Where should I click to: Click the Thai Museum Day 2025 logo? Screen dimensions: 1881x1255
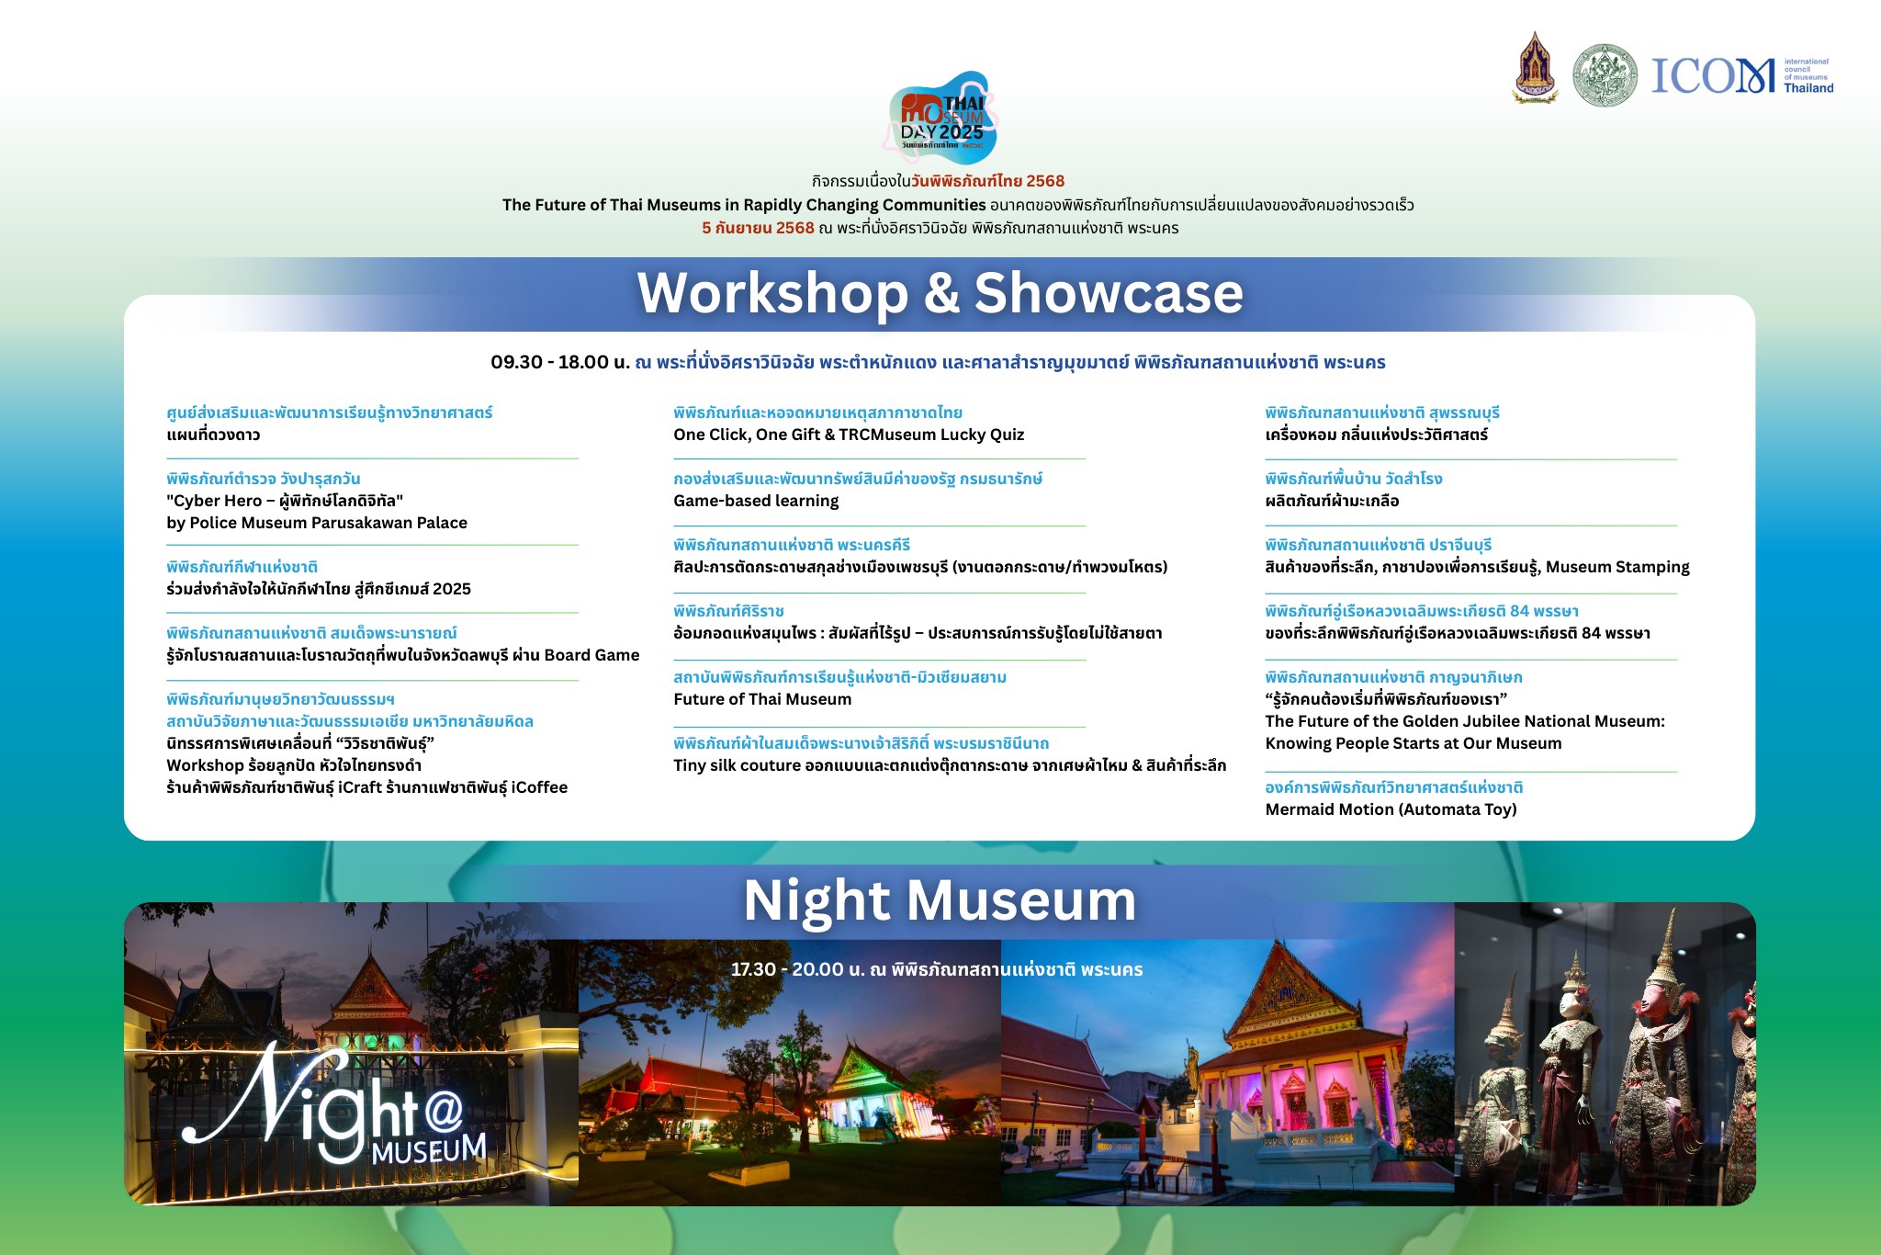pos(942,118)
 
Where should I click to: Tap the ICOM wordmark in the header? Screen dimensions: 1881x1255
pos(1713,75)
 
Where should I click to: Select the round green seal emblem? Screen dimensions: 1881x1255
pos(1605,74)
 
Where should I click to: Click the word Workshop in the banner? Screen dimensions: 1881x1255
pos(772,294)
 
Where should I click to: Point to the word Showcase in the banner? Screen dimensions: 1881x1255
pos(1109,293)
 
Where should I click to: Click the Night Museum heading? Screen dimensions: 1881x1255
pos(940,900)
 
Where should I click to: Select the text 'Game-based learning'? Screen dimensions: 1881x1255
pos(756,501)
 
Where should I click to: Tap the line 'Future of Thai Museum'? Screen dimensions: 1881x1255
pos(762,699)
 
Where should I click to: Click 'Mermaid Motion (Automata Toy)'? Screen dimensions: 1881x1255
pos(1391,809)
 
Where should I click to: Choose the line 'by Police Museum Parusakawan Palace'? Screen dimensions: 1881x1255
pos(317,523)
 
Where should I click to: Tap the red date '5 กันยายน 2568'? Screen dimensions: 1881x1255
pos(758,228)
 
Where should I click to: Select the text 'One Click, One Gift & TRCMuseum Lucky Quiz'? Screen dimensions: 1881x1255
pos(849,435)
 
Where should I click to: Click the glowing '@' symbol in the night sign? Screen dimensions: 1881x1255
pos(445,1112)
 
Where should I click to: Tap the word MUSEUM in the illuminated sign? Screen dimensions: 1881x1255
pos(429,1148)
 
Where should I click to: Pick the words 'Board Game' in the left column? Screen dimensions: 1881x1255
pos(591,655)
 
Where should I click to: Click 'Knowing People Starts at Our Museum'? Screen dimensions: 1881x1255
pos(1413,743)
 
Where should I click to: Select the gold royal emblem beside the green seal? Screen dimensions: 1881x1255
pos(1535,68)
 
